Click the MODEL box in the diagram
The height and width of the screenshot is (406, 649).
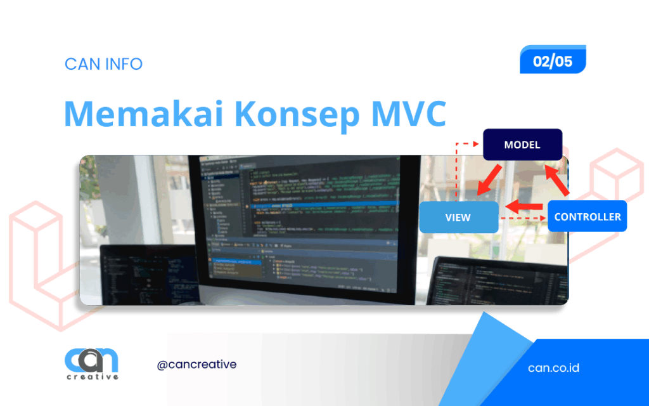[x=522, y=145]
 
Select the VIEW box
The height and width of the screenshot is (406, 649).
[x=458, y=217]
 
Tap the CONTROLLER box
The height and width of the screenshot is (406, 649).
[x=587, y=216]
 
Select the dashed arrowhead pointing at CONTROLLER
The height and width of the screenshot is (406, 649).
[x=542, y=218]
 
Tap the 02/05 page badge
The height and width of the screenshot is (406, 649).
[x=553, y=62]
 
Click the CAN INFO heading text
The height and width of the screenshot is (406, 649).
[x=103, y=64]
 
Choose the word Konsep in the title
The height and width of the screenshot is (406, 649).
[x=300, y=115]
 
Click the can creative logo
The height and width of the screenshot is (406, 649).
[x=91, y=364]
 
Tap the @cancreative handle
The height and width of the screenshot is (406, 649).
[x=196, y=365]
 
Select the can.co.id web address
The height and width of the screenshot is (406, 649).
[x=553, y=368]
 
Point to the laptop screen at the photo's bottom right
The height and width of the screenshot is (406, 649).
[x=501, y=279]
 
